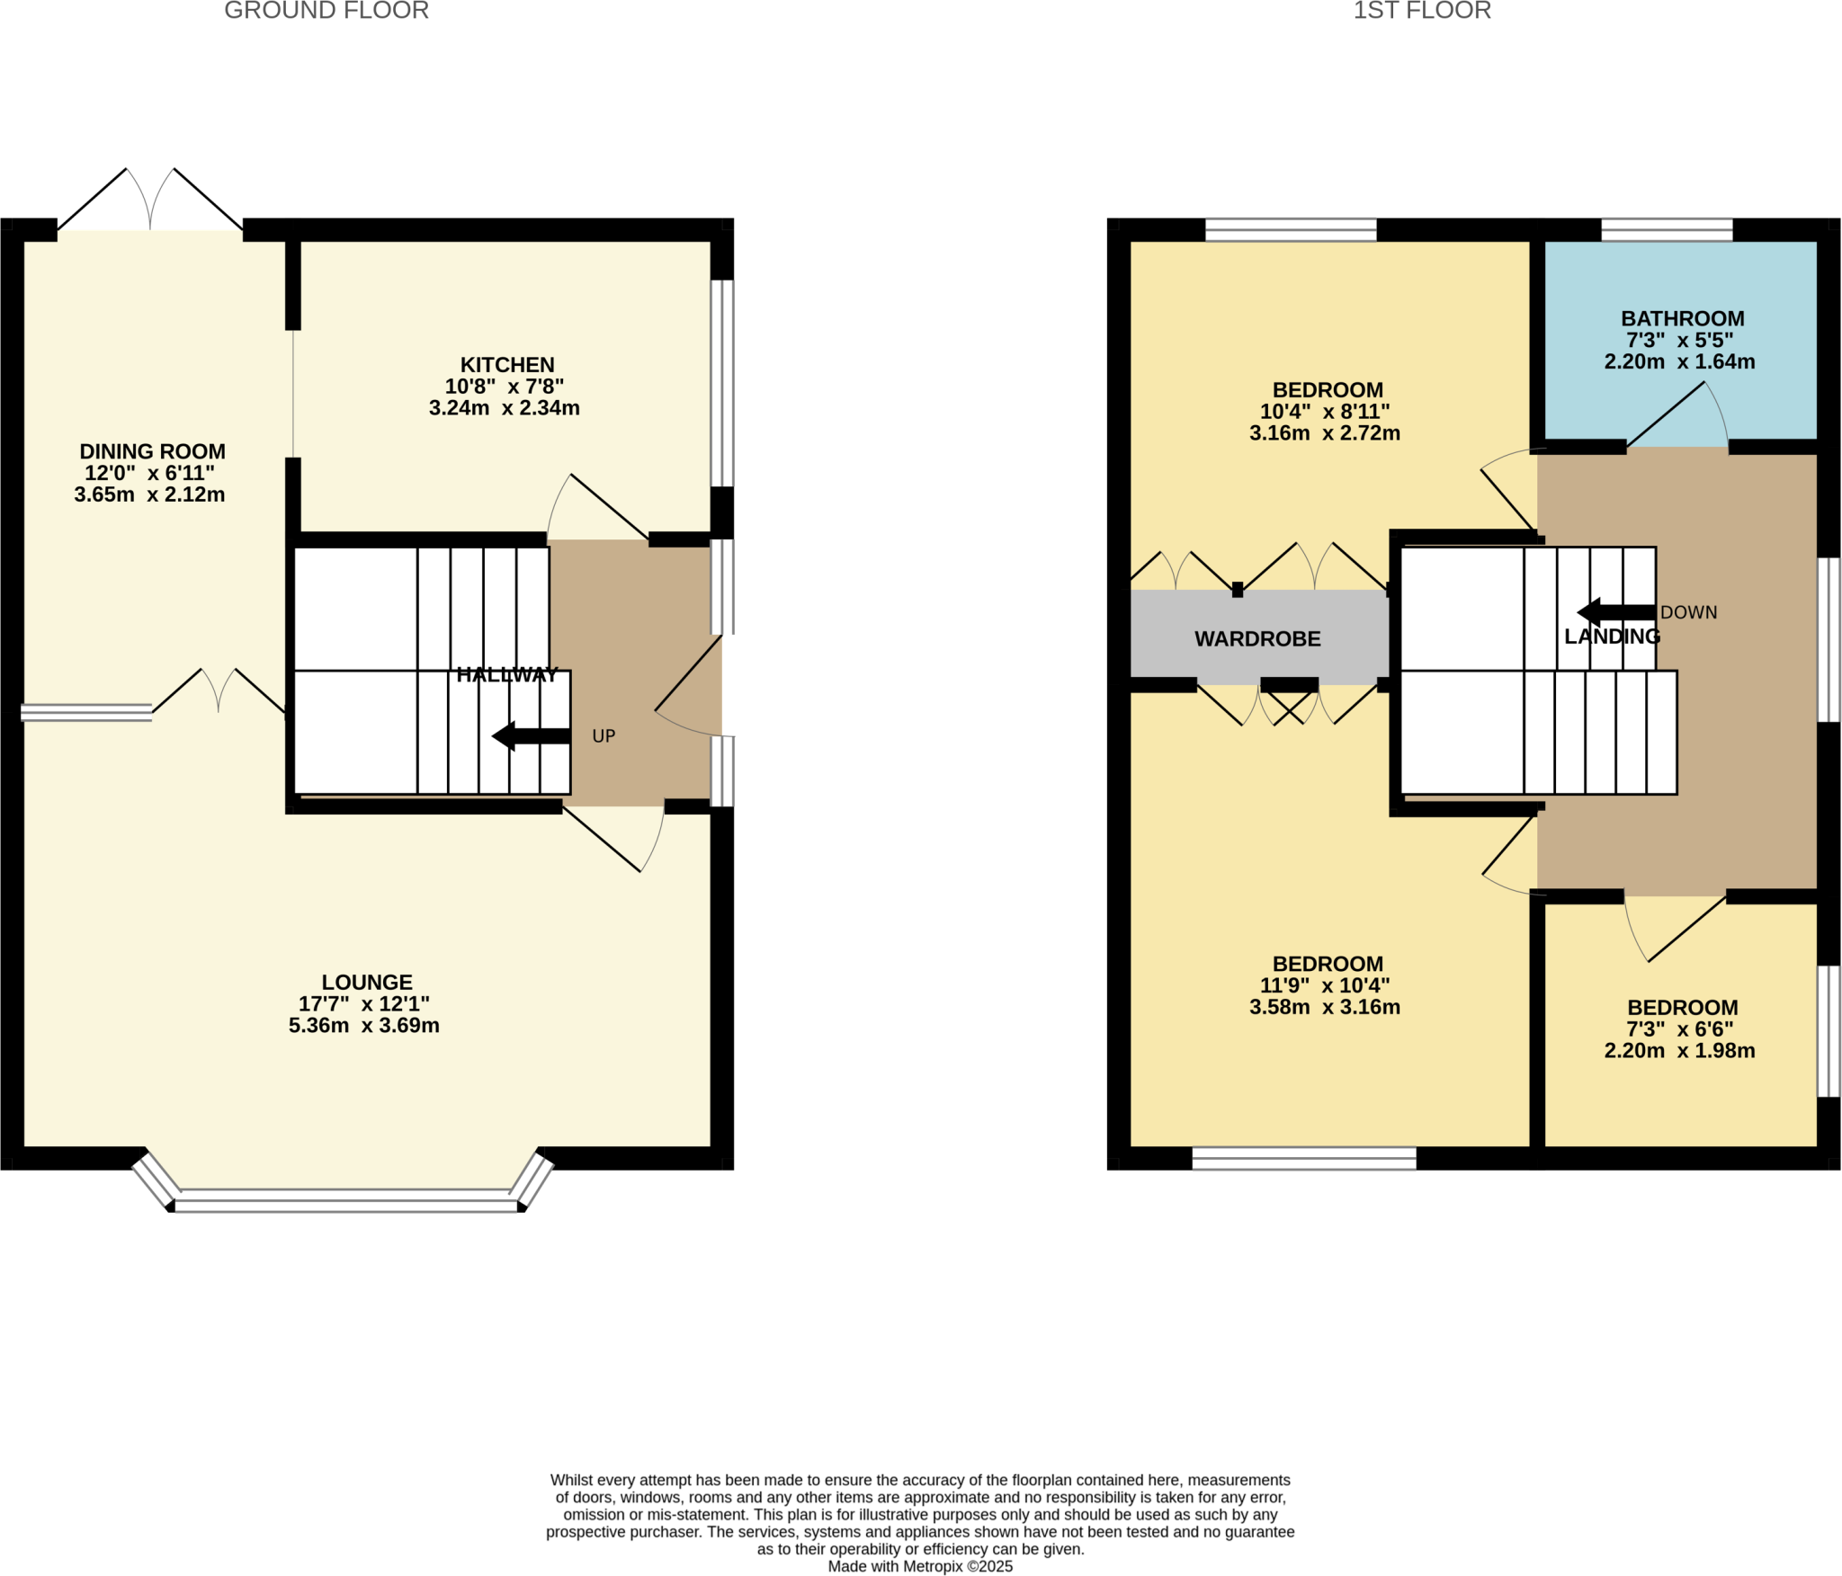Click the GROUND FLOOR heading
coord(326,11)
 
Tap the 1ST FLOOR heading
coord(1422,11)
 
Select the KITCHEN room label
coord(507,365)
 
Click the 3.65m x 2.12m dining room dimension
coord(150,494)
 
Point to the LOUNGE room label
coord(367,983)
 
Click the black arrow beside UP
coord(531,736)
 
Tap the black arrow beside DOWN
coord(1615,613)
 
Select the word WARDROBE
coord(1257,639)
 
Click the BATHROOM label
coord(1682,319)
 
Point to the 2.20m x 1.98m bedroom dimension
coord(1679,1051)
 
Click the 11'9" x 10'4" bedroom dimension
coord(1324,985)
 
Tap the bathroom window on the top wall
coord(1667,230)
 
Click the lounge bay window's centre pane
coord(347,1200)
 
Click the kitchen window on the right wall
coord(721,383)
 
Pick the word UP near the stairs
coord(604,736)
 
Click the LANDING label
coord(1612,637)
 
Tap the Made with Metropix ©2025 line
coord(920,1566)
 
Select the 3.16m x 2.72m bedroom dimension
coord(1324,433)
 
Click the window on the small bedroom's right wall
coord(1829,1031)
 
